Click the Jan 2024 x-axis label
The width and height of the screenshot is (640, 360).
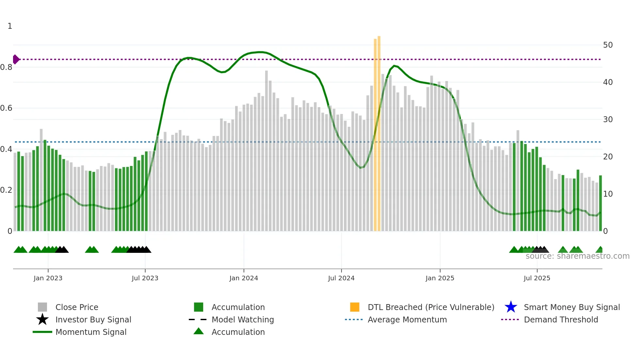244,278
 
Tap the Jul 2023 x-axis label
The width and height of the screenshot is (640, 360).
145,278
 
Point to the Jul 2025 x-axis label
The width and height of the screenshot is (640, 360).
537,278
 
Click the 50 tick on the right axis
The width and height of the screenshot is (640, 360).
608,45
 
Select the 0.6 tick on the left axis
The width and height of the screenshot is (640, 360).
7,108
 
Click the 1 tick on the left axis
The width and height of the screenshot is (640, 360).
10,26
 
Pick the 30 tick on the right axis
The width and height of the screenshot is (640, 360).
608,120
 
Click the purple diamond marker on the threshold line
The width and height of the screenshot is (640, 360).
16,59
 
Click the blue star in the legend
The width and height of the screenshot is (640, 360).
511,307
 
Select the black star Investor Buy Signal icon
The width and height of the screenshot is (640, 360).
42,319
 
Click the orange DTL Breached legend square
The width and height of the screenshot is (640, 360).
355,307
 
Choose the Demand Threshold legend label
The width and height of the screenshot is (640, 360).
561,319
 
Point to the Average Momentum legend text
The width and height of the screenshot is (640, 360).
407,319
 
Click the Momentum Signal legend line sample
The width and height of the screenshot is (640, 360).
42,332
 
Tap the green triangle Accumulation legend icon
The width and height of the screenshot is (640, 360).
199,331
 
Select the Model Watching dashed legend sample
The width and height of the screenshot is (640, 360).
198,319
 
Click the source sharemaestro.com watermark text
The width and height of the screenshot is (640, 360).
577,256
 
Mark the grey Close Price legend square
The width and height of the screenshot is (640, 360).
42,307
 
